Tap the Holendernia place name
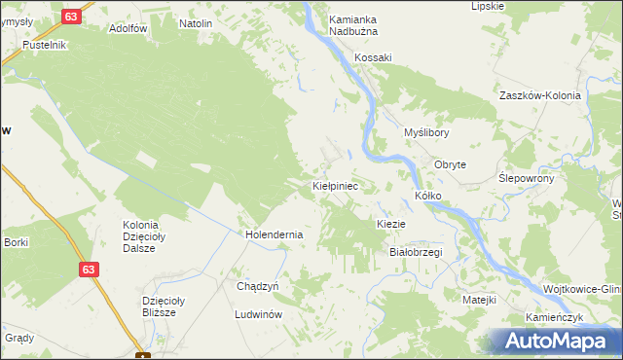[x=275, y=234]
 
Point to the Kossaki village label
[x=373, y=57]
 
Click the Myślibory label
[x=425, y=132]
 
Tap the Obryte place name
[x=451, y=164]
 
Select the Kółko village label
[x=428, y=196]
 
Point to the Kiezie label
[x=390, y=224]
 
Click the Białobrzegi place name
[x=416, y=252]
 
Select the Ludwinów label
[x=258, y=315]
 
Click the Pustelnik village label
[x=45, y=45]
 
